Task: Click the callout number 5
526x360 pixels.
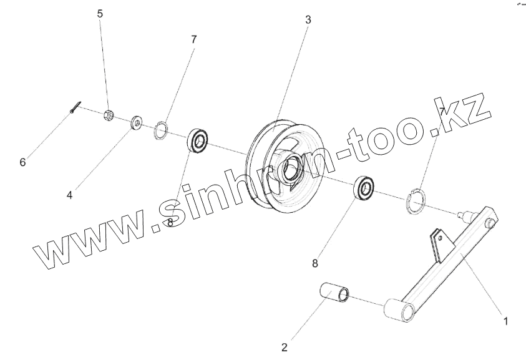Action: pyautogui.click(x=100, y=13)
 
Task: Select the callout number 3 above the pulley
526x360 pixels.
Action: pyautogui.click(x=308, y=19)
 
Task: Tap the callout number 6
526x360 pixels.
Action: pyautogui.click(x=22, y=162)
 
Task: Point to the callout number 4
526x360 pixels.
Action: pyautogui.click(x=70, y=195)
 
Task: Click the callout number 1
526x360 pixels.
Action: pyautogui.click(x=505, y=321)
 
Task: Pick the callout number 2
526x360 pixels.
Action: pyautogui.click(x=284, y=346)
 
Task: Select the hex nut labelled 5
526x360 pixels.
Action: pyautogui.click(x=107, y=114)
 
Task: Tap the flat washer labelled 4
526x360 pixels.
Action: pyautogui.click(x=135, y=122)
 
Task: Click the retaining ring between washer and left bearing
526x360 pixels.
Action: pyautogui.click(x=161, y=130)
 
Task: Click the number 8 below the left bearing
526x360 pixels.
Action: pyautogui.click(x=170, y=223)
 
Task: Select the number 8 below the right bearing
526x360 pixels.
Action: pyautogui.click(x=315, y=263)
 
